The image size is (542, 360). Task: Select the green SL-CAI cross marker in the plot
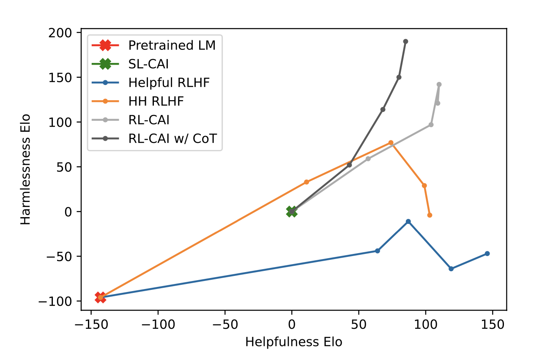(x=292, y=212)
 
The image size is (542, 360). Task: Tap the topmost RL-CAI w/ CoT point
(x=405, y=41)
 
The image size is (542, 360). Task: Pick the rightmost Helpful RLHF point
(x=487, y=254)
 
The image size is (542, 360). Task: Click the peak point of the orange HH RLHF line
(x=391, y=143)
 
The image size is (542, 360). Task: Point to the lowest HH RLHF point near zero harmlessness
(x=430, y=215)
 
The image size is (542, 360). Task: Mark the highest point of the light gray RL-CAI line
(x=439, y=85)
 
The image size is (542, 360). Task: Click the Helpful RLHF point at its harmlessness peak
(x=408, y=221)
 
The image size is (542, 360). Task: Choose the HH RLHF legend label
(x=156, y=101)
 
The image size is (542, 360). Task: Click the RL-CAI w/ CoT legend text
(x=172, y=139)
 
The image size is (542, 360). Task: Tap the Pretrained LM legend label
(x=172, y=45)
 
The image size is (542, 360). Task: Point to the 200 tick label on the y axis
(x=60, y=33)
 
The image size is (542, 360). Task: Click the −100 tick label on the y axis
(x=55, y=301)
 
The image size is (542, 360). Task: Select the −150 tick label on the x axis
(x=91, y=324)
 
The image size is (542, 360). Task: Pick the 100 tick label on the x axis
(x=426, y=324)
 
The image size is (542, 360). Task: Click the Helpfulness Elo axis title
(x=294, y=342)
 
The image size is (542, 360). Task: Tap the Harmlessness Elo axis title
(x=25, y=169)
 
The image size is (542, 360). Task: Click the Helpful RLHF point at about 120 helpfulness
(x=451, y=269)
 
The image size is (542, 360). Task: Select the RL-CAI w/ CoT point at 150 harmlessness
(x=399, y=77)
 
